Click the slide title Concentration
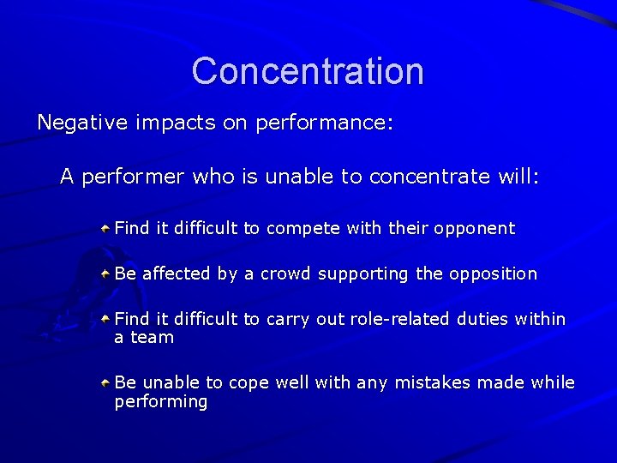308,70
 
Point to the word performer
134,177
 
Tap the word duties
483,319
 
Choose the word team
153,338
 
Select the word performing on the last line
161,402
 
